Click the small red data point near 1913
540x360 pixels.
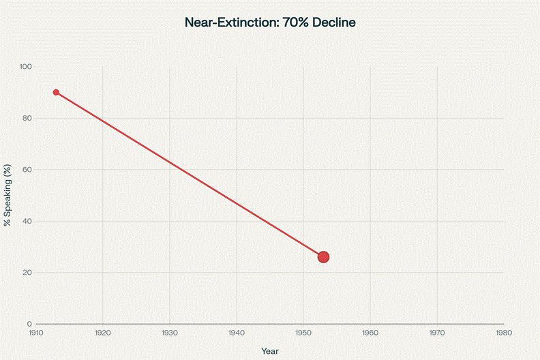56,93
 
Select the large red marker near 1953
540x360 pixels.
323,257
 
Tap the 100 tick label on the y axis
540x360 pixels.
27,67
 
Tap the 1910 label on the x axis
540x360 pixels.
36,333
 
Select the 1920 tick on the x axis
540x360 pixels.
103,333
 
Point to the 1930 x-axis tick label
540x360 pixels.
170,333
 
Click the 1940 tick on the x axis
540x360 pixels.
237,333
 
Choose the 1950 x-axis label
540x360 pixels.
303,333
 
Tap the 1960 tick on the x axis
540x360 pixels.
370,333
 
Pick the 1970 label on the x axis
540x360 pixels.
437,333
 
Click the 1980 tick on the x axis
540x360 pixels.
504,333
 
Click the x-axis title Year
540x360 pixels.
270,350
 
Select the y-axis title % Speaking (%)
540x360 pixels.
7,195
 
